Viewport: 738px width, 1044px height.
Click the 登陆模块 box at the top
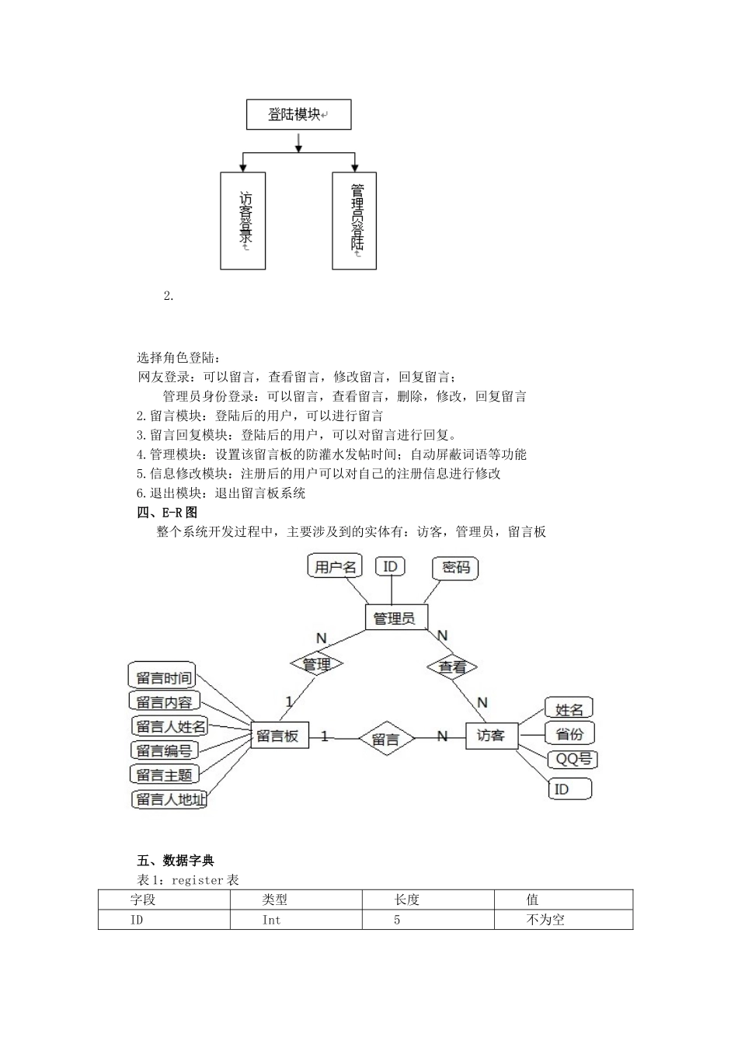pos(298,115)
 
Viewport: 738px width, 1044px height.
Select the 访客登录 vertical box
pos(243,221)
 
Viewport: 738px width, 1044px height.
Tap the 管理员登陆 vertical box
pos(354,221)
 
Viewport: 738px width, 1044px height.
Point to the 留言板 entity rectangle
pos(279,736)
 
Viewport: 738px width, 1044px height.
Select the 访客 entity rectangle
pos(491,735)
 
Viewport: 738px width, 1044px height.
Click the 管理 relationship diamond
pos(317,664)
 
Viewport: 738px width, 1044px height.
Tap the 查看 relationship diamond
pos(452,667)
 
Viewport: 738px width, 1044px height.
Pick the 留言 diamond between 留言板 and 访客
pos(385,739)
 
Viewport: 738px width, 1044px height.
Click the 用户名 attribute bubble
pos(335,566)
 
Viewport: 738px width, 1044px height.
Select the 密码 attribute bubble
pos(456,568)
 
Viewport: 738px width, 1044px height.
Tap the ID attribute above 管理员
pos(390,566)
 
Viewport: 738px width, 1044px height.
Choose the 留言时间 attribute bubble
pos(162,677)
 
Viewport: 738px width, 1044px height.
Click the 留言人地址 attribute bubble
pos(170,799)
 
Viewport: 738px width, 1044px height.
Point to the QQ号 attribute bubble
pos(573,759)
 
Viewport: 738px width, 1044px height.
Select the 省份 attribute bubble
pos(569,733)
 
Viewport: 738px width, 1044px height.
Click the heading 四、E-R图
pos(167,513)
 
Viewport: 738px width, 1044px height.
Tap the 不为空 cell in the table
pos(545,920)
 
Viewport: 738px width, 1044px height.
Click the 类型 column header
pos(275,900)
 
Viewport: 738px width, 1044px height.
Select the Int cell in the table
pos(271,920)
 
